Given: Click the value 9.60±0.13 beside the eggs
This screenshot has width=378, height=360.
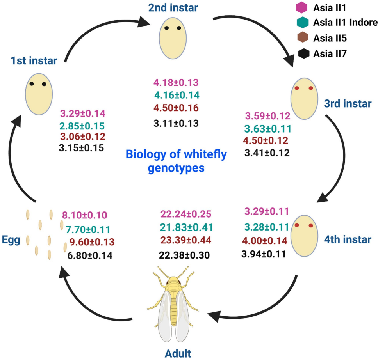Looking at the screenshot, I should (x=92, y=242).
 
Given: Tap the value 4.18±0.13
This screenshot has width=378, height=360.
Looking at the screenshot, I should (x=176, y=83).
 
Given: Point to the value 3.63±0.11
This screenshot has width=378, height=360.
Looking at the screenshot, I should (x=268, y=129).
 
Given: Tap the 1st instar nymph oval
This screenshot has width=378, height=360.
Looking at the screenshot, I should (x=39, y=95).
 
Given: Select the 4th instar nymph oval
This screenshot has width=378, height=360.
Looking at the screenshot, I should (x=305, y=235).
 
